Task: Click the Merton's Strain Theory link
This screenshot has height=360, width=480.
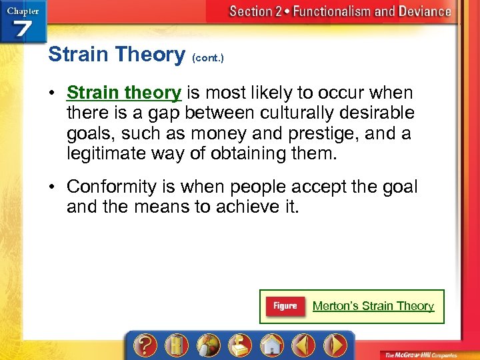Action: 373,306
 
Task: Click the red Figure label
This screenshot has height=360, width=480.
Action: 285,306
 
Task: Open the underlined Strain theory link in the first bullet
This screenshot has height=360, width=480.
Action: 124,93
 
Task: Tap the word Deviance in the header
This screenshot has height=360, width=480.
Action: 425,11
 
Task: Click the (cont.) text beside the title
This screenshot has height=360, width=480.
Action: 208,59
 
